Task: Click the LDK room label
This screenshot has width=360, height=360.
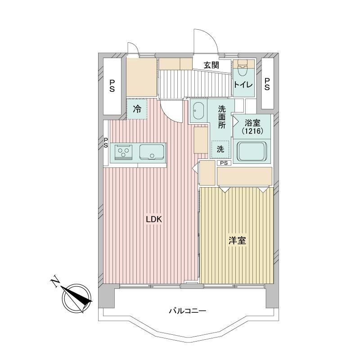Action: (154, 219)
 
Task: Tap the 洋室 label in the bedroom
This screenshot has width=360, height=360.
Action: (237, 241)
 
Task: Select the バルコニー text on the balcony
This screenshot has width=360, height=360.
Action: (188, 311)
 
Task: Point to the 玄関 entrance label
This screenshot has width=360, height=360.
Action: (211, 65)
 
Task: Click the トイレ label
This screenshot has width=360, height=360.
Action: (243, 85)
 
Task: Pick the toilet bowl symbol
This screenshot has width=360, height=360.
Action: (243, 69)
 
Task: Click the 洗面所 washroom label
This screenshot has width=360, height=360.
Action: (221, 117)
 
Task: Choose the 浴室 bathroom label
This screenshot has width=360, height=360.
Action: (252, 123)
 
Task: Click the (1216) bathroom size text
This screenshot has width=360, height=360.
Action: (252, 131)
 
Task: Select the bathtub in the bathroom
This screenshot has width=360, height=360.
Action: (252, 151)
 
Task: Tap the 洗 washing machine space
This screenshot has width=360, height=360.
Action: (220, 149)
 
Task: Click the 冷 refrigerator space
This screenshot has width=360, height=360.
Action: (137, 109)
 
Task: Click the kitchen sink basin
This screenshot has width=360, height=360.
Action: (152, 152)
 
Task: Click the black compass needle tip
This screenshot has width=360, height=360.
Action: (92, 301)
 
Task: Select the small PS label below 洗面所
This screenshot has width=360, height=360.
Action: (224, 163)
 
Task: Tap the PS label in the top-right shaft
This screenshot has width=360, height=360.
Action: (267, 84)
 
